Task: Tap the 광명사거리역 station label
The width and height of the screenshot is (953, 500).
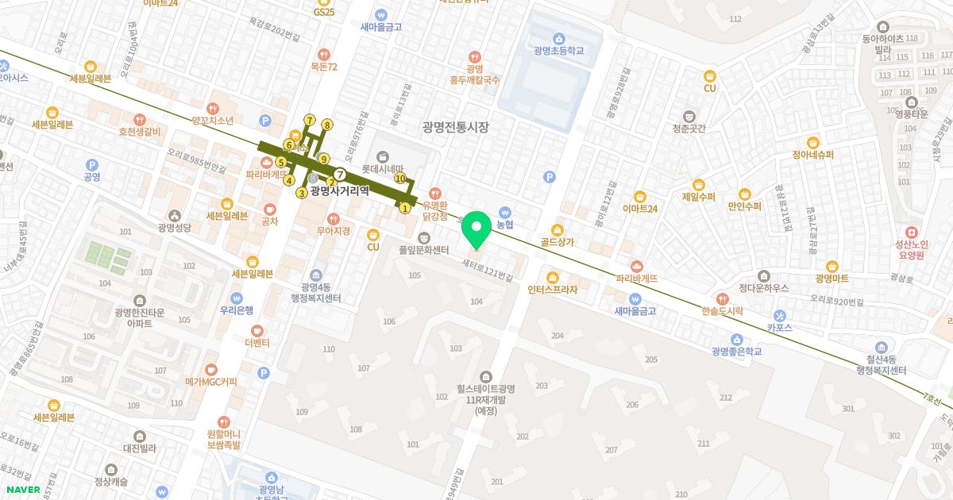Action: [x=340, y=190]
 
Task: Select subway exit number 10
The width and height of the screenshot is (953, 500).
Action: [x=400, y=179]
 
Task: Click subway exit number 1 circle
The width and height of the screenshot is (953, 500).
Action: [x=405, y=208]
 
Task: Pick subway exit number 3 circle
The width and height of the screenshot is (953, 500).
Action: [x=302, y=193]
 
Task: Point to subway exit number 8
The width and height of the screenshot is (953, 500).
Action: [x=326, y=125]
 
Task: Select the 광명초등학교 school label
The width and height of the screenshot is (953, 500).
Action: [x=559, y=50]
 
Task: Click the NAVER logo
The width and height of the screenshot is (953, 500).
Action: [x=23, y=490]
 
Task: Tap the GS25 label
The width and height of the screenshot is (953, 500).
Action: [x=324, y=12]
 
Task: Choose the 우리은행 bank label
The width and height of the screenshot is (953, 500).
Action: [x=237, y=310]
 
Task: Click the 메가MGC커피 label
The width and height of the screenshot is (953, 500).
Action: [x=211, y=382]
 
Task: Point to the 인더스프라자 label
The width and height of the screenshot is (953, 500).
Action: [x=553, y=290]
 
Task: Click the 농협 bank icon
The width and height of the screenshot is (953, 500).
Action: [x=505, y=213]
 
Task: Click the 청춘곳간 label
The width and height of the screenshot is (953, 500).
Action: [x=689, y=128]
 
